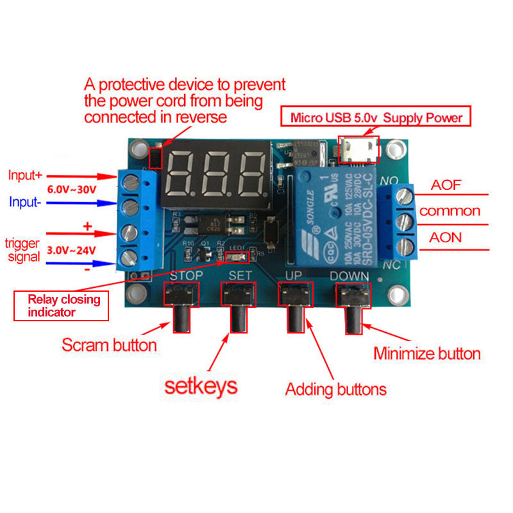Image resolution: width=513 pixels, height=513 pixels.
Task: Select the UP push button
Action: pos(294,294)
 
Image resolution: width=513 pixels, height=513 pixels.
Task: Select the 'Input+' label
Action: pos(24,174)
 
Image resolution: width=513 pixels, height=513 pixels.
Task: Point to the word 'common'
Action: pos(449,211)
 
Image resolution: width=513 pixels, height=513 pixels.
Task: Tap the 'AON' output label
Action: pos(446,237)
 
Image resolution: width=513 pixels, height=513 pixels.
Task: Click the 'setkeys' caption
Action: pos(201,385)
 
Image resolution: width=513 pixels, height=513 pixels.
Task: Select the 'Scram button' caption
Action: pos(109,345)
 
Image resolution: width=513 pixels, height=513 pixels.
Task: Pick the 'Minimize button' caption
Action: pos(426,353)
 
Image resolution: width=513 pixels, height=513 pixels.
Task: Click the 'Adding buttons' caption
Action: pos(335,389)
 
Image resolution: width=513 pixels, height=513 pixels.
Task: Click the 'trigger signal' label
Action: pos(22,250)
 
